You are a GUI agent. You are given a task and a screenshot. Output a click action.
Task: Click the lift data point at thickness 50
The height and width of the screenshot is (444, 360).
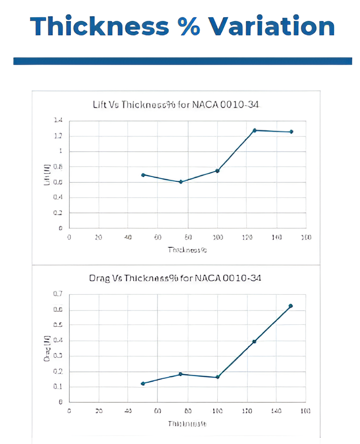point(143,175)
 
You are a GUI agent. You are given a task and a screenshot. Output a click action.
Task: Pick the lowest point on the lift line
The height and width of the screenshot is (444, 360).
point(181,182)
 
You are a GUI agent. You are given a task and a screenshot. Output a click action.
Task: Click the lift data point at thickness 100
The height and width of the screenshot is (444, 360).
point(217,171)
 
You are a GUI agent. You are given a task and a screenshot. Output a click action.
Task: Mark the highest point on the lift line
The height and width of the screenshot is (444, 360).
point(255,130)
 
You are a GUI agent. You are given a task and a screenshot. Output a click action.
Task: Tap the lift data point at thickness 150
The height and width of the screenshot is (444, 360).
point(291,132)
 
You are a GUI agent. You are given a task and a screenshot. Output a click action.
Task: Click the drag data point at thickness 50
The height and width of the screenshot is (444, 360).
point(143,383)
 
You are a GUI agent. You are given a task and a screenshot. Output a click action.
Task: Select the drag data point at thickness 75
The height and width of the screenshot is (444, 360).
point(181,374)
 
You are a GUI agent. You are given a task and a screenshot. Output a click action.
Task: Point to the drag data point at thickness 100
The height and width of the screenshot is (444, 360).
point(217,377)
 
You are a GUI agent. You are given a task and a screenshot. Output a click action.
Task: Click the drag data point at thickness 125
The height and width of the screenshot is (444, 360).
point(255,341)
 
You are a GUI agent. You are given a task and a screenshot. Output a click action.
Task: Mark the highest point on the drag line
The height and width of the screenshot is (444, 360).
point(291,306)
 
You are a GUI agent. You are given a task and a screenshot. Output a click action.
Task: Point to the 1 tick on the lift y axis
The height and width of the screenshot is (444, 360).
point(61,151)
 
